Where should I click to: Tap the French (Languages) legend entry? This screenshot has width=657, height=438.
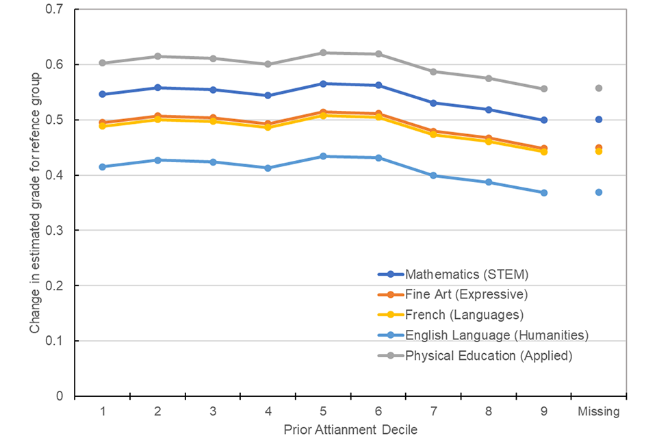tap(464, 315)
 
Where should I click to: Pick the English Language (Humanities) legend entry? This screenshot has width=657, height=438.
tap(497, 335)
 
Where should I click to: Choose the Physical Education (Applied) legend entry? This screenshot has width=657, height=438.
tap(489, 355)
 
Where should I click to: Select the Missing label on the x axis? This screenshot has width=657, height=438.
tap(599, 412)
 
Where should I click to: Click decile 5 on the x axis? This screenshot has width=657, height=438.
tap(323, 412)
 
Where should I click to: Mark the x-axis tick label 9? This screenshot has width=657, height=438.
tap(543, 412)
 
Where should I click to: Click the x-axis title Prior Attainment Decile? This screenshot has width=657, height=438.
tap(350, 429)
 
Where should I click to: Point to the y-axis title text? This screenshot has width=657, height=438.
tap(34, 203)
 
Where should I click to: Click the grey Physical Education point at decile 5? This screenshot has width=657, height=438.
tap(323, 53)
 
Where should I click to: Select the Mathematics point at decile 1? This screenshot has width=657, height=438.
tap(103, 94)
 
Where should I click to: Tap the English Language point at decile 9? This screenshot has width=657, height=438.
tap(543, 193)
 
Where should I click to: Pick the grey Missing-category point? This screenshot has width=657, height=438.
tap(599, 88)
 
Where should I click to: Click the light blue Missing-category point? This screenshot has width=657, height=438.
tap(599, 192)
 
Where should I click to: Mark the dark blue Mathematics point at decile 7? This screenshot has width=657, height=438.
tap(433, 103)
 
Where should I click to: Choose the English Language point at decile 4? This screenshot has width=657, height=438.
tap(268, 168)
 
